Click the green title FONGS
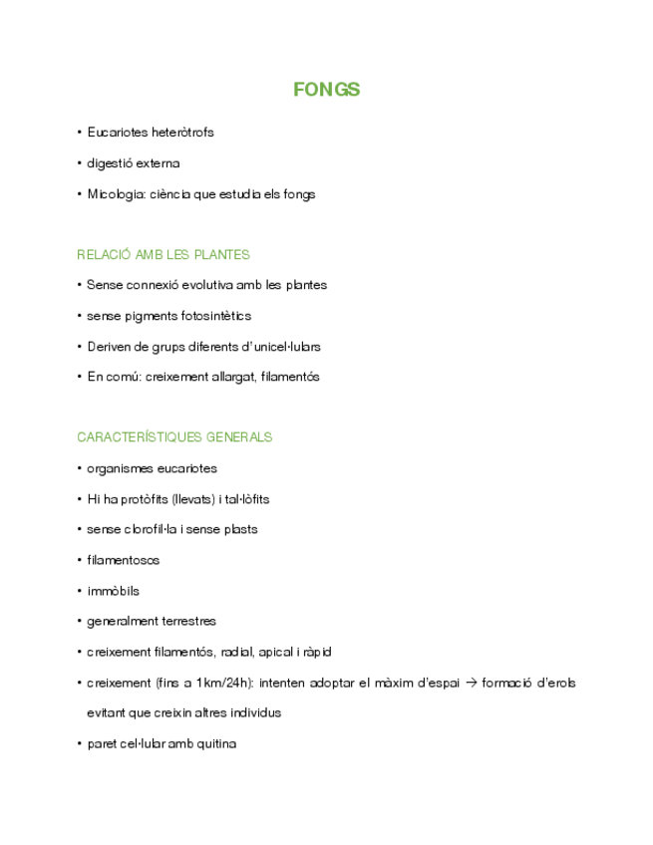click(x=326, y=90)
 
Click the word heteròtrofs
click(x=182, y=133)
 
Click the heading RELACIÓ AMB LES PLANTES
click(x=163, y=255)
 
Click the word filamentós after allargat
click(x=290, y=377)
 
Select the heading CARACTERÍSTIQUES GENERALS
click(x=174, y=437)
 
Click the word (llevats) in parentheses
click(x=192, y=499)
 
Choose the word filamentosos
click(x=123, y=560)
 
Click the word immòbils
click(x=113, y=591)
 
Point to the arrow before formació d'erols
click(x=473, y=683)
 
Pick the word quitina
click(x=216, y=743)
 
